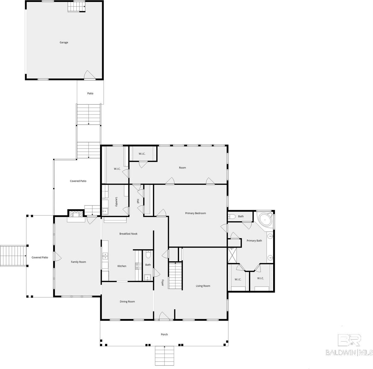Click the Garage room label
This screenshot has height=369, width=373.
(64, 42)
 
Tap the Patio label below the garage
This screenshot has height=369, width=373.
(90, 93)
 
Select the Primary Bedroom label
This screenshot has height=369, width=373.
(195, 213)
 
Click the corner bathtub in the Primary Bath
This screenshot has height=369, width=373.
(264, 220)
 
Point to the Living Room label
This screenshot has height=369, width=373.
(203, 286)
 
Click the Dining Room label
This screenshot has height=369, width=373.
(127, 302)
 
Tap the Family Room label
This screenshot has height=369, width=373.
(78, 262)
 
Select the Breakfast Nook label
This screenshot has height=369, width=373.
(128, 234)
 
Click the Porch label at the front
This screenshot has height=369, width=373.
(164, 334)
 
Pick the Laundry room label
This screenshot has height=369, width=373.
(117, 202)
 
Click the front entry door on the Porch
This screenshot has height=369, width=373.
(164, 317)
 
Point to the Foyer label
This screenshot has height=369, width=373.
(162, 283)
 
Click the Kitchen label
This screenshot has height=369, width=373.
(122, 266)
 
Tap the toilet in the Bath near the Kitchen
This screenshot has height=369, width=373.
(148, 255)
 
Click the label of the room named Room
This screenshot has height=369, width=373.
(182, 168)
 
